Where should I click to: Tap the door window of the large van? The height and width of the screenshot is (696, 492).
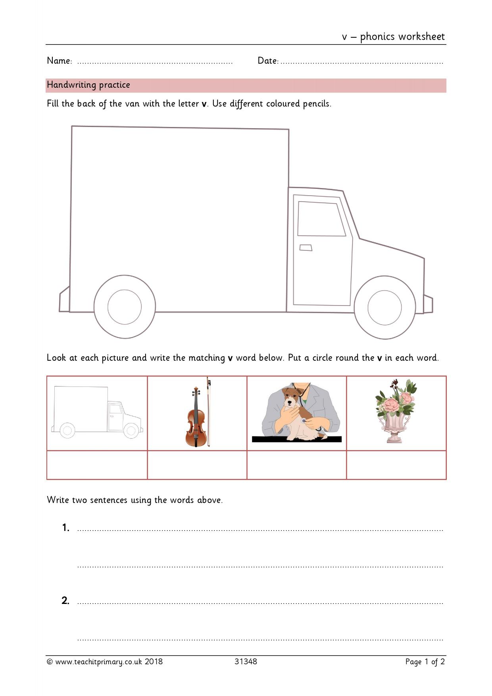[321, 219]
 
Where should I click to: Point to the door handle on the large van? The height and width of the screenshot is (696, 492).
[306, 248]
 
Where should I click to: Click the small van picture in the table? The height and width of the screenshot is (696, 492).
[97, 412]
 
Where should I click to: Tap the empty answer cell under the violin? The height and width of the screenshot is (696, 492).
[197, 465]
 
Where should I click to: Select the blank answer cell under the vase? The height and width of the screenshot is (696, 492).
[396, 465]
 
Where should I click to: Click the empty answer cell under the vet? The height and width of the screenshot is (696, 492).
[297, 465]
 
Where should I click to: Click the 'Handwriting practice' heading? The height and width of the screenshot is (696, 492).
[88, 85]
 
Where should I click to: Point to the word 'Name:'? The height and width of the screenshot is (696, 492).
[60, 61]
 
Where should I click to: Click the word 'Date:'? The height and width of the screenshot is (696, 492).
[268, 61]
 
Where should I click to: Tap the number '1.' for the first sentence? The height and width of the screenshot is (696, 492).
[66, 528]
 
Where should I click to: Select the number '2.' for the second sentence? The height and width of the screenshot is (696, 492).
[65, 601]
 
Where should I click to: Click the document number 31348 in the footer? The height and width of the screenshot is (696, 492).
[246, 661]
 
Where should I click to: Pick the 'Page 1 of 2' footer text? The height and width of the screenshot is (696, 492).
[425, 662]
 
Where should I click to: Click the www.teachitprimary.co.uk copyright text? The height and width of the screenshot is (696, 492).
[105, 662]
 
